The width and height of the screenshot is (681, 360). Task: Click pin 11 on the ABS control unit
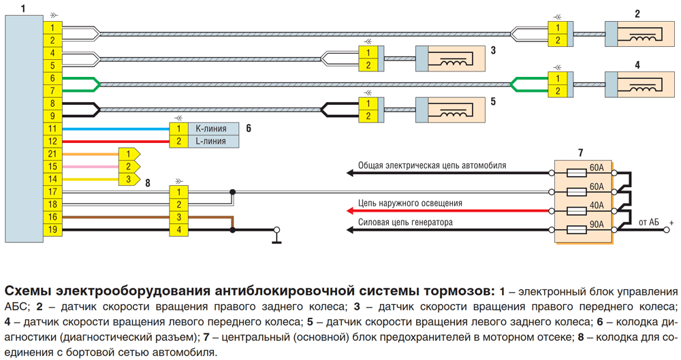[x=52, y=129]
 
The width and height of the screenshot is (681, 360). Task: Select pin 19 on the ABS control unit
[x=52, y=230]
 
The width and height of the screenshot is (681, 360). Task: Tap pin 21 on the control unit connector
[x=52, y=154]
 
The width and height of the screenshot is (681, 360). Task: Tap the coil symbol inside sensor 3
[x=454, y=63]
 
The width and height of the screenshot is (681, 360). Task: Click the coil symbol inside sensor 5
[x=454, y=114]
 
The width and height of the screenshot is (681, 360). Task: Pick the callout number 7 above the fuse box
[x=581, y=153]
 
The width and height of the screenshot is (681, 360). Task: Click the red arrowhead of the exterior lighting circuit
[x=351, y=211]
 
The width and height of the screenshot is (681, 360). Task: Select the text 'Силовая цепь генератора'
[x=405, y=223]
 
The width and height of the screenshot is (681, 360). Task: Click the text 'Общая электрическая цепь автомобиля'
[x=432, y=165]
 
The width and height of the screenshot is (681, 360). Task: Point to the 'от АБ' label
[x=648, y=223]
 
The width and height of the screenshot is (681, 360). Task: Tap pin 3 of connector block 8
[x=178, y=217]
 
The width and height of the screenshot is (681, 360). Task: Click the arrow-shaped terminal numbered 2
[x=129, y=166]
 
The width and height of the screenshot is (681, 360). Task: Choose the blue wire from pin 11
[x=116, y=129]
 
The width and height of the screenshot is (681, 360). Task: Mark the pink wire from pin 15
[x=91, y=167]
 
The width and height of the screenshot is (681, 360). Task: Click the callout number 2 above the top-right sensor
[x=637, y=14]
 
